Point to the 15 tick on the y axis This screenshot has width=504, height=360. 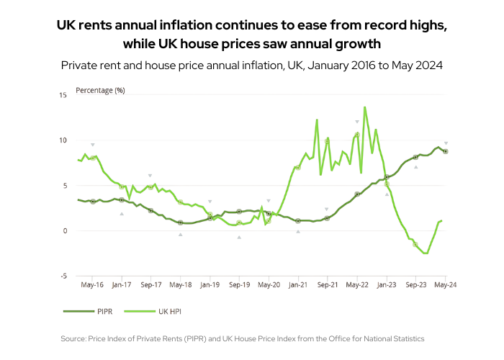pos(63,95)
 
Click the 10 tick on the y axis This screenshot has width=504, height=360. pos(63,140)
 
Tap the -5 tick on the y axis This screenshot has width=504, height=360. pos(63,276)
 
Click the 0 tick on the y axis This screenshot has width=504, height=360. pos(65,231)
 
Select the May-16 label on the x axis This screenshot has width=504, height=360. pos(92,285)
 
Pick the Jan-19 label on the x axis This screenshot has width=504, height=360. pos(210,285)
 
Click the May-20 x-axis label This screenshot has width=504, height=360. pos(269,285)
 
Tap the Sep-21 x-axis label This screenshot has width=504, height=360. pos(328,285)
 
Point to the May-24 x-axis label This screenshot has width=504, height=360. pos(446,285)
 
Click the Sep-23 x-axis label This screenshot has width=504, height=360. pos(415,285)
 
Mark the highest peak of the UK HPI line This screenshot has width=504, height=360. pos(365,107)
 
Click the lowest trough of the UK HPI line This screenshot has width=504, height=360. pos(426,253)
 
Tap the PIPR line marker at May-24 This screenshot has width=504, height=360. pos(446,151)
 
